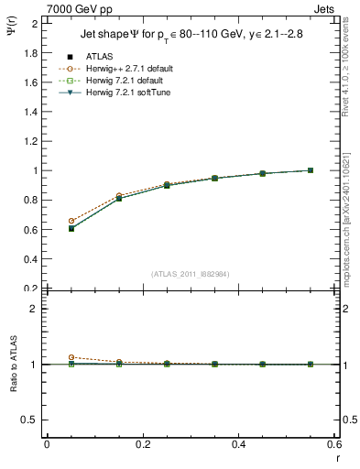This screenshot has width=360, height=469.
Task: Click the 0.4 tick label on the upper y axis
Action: (x=31, y=259)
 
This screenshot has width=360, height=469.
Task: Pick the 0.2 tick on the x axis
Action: (x=142, y=444)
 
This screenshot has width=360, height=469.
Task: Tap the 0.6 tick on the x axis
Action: (x=333, y=444)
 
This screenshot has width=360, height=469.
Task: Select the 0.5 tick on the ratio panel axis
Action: (x=31, y=420)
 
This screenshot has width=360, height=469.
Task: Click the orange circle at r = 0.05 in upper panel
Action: (x=71, y=221)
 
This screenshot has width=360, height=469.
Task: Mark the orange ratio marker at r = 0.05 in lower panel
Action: (x=71, y=357)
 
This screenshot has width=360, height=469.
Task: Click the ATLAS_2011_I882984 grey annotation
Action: (x=190, y=274)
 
